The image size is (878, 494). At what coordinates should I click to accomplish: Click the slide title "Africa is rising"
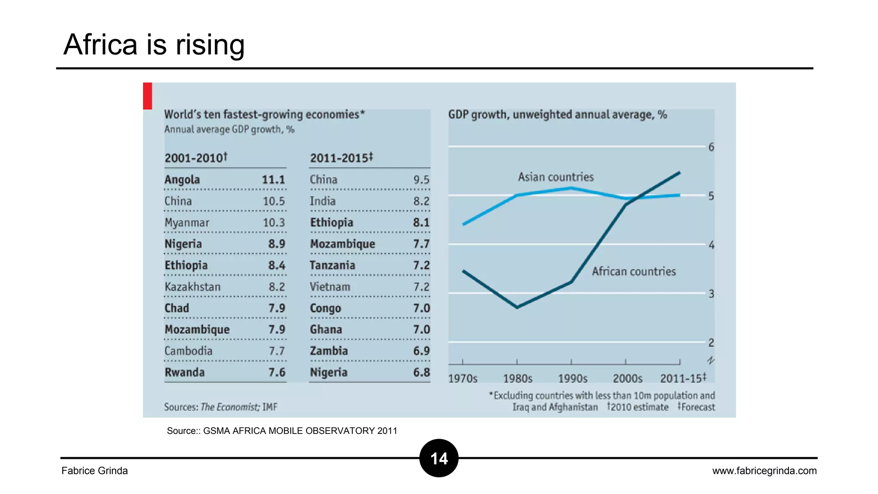154,45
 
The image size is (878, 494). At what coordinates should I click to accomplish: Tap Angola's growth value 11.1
273,180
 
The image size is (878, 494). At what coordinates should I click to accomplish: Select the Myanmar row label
187,223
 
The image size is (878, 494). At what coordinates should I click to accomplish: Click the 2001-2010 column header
196,158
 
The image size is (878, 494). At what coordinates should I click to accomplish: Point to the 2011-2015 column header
342,158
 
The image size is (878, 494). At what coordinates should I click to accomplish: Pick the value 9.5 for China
421,180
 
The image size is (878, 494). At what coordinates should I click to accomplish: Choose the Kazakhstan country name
192,287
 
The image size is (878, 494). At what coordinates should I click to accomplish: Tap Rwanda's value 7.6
277,372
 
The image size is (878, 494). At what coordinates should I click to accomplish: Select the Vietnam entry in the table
330,287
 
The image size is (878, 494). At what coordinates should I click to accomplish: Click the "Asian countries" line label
556,177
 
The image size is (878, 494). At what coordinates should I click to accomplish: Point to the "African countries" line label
634,271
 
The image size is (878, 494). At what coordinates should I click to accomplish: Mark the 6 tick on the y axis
711,147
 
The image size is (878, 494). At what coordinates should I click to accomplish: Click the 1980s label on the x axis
517,379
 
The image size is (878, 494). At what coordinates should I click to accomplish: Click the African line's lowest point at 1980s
517,307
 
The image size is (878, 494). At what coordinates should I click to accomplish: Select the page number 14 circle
439,458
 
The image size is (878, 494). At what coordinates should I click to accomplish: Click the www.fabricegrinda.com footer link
764,471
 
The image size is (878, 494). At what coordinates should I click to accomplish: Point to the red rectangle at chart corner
147,96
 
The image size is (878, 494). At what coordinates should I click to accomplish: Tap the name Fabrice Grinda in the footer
95,471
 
